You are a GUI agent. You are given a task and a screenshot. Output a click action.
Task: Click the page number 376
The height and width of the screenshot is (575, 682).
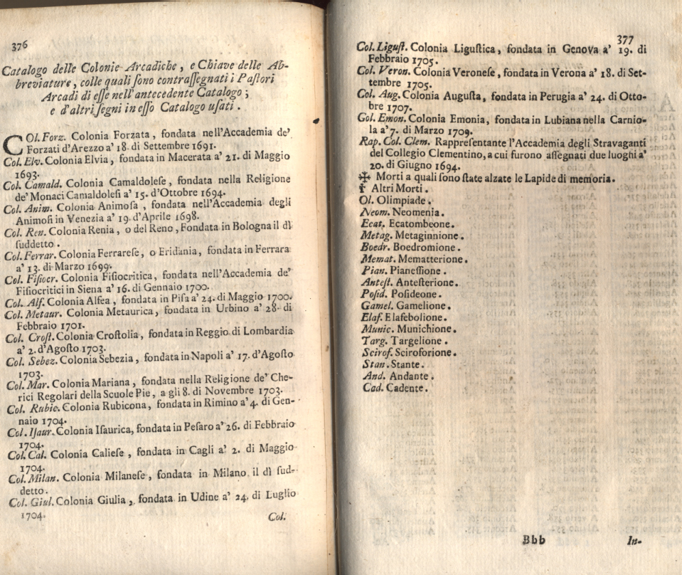click(19, 45)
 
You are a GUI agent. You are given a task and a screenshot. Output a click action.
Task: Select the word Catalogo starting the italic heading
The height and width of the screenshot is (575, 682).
click(28, 71)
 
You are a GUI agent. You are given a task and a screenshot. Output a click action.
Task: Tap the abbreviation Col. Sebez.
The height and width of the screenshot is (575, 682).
click(30, 362)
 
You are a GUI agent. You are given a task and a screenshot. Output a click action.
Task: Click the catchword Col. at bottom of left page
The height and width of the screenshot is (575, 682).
click(277, 517)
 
